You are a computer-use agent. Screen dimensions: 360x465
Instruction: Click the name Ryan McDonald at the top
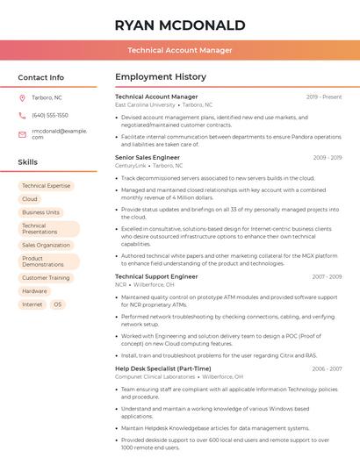(179, 24)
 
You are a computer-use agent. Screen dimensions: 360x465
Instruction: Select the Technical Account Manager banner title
(179, 50)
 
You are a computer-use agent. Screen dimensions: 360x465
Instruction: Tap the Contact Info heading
(41, 77)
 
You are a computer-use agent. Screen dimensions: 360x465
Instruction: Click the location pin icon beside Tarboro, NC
(22, 97)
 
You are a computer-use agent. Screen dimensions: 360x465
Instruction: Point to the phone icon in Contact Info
(22, 115)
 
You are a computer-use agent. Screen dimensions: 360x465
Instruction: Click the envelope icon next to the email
(22, 133)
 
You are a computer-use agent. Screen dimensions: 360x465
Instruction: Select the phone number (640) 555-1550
(50, 115)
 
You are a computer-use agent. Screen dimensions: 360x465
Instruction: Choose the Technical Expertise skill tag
(46, 186)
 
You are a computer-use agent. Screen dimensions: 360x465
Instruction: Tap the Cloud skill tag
(30, 199)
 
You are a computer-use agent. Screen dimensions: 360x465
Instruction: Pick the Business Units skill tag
(40, 212)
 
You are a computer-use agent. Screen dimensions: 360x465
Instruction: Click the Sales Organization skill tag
(46, 245)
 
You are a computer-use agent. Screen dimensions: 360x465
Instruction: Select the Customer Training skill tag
(46, 277)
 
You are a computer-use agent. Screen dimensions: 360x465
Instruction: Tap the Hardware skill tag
(35, 290)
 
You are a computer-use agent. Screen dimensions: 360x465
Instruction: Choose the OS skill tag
(57, 304)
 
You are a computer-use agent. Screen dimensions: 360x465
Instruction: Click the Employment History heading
(161, 77)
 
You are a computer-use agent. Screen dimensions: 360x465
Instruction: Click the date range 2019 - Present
(324, 97)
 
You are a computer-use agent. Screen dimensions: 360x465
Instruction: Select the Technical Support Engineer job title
(156, 276)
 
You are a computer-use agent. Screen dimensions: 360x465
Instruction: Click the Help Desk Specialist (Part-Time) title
(163, 368)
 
